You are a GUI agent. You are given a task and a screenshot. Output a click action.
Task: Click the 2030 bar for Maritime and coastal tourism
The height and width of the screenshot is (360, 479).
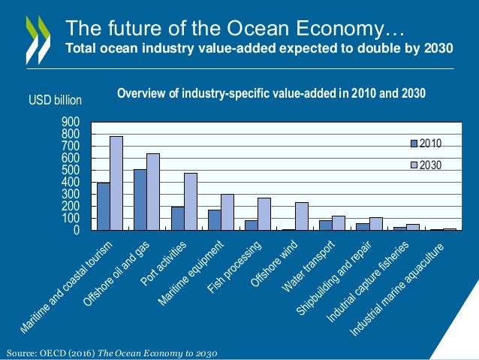[116, 183]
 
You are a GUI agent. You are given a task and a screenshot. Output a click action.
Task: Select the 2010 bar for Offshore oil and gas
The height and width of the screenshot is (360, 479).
[140, 200]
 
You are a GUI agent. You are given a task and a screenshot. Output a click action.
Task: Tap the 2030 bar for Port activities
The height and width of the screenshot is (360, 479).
[190, 201]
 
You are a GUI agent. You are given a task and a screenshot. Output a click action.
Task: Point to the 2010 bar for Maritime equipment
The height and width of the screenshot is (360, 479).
[215, 220]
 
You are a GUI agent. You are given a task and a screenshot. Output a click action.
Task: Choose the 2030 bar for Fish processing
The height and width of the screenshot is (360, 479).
[264, 214]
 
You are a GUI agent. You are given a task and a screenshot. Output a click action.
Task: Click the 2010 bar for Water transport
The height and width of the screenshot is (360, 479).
[325, 225]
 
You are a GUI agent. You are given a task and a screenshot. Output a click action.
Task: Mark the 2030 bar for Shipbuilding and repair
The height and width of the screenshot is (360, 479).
[375, 224]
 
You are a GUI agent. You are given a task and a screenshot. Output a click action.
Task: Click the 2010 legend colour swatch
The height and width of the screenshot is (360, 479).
[413, 143]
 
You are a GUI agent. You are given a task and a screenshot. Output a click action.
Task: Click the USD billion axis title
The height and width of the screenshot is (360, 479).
[55, 101]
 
